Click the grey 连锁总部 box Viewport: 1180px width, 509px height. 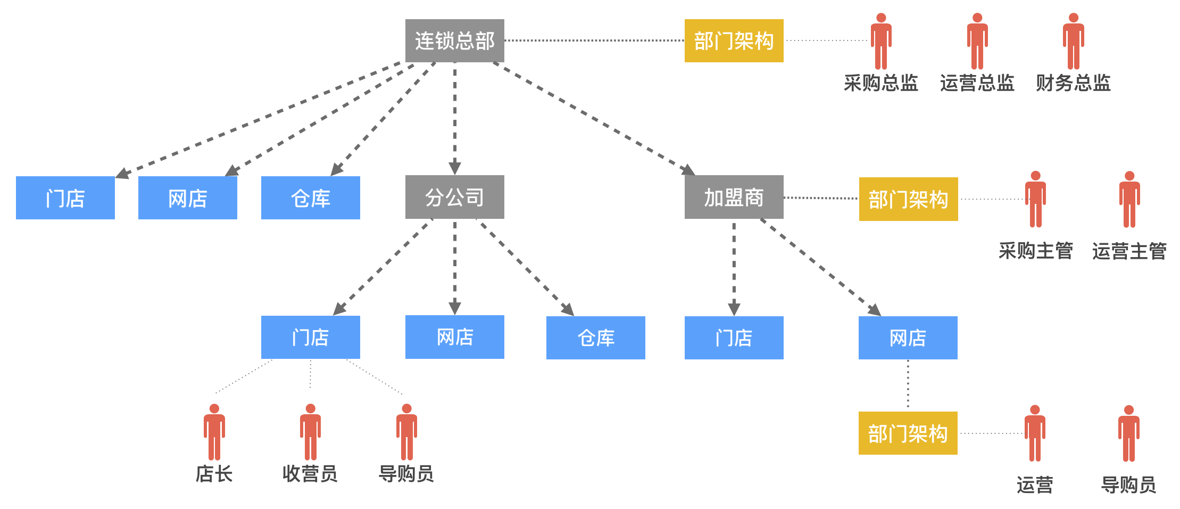coord(454,40)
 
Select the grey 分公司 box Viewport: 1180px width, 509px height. coord(454,197)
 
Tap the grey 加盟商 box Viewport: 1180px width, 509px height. coord(734,197)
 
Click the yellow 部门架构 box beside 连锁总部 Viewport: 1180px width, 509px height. coord(734,40)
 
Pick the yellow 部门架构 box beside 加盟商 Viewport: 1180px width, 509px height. coord(908,199)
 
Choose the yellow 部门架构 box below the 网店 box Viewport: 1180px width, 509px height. coord(908,433)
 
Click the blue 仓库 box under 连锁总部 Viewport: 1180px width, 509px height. coord(310,198)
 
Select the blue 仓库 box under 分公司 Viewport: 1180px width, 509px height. coord(595,338)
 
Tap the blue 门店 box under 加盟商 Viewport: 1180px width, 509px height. coord(734,338)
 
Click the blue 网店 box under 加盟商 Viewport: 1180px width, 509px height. coord(908,338)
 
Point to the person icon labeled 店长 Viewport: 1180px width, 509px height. coord(214,432)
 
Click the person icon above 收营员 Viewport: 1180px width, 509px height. coord(310,432)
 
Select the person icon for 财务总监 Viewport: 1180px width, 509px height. coord(1073,42)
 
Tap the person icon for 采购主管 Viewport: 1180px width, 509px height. coord(1035,200)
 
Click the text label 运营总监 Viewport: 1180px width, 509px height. coord(977,83)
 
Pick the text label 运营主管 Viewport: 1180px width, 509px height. coord(1129,251)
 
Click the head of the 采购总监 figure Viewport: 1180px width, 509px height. coord(881,18)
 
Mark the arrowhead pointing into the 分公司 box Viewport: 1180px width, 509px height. coord(454,168)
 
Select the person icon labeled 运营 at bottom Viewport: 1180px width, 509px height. coord(1035,434)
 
